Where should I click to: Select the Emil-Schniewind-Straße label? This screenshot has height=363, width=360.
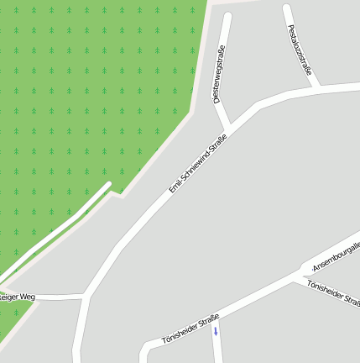[x=198, y=163]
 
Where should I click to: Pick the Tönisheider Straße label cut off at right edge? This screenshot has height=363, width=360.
[x=334, y=295]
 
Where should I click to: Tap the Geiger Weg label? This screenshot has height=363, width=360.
[x=17, y=297]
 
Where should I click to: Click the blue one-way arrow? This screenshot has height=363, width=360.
[x=216, y=331]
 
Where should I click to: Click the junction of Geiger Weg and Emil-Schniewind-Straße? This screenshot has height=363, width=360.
[x=85, y=296]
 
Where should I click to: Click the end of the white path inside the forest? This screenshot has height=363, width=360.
[x=108, y=185]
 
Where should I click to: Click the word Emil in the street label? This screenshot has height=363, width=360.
[x=174, y=187]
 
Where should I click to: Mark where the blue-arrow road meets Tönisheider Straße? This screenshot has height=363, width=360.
[x=215, y=318]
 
